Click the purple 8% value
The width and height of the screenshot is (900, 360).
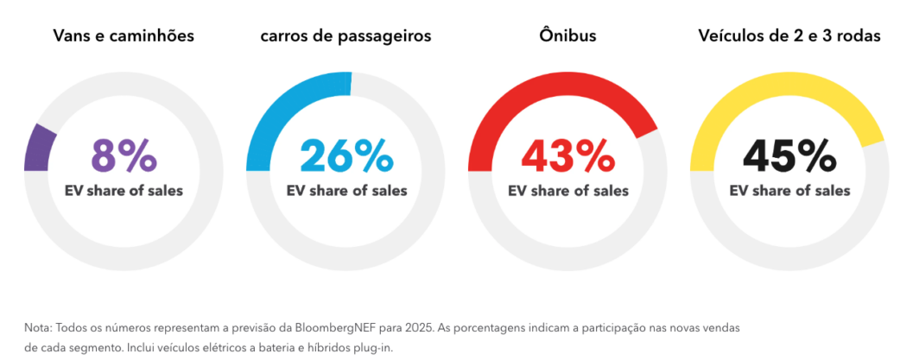124,155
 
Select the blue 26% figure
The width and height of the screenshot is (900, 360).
345,155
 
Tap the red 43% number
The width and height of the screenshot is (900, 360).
567,155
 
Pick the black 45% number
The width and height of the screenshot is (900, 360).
789,155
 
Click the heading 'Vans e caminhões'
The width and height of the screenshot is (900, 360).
124,36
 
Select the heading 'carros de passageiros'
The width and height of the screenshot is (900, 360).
345,36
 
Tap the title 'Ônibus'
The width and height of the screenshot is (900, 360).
567,36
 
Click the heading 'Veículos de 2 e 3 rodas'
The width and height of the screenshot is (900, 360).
789,36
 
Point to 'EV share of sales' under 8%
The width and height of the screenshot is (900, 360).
124,191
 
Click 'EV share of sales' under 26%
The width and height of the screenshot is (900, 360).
345,191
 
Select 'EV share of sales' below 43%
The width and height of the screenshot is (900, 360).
567,191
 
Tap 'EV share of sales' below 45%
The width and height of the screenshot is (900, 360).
789,191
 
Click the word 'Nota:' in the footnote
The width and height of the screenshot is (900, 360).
39,329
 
